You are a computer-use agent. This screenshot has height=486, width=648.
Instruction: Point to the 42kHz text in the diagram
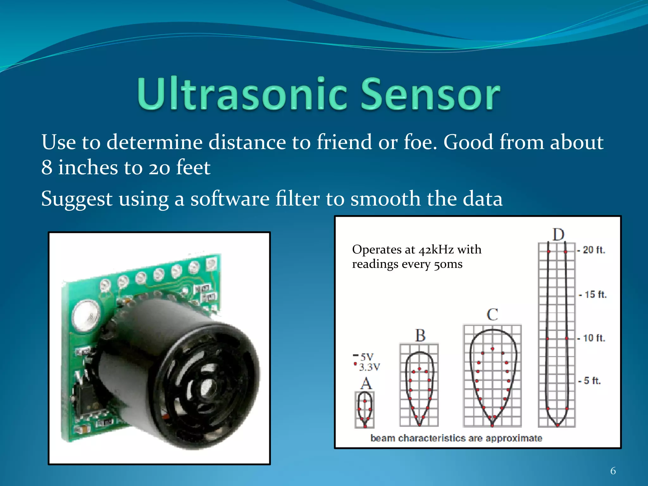[436, 250]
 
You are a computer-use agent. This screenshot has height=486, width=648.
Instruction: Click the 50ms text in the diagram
[448, 264]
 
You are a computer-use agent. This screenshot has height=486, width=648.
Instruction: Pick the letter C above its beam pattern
[492, 315]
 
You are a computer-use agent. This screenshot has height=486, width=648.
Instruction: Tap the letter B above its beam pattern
[420, 335]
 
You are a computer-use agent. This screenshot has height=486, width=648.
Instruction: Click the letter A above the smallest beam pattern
[366, 383]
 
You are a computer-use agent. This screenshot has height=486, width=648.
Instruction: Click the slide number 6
[613, 471]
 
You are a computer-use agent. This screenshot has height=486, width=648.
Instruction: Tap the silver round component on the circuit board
[85, 316]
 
